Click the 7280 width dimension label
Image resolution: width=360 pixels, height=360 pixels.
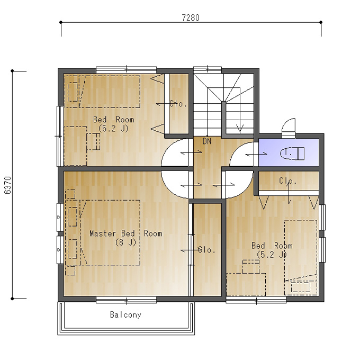pyautogui.click(x=191, y=17)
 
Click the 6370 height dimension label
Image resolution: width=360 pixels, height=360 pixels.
pyautogui.click(x=7, y=185)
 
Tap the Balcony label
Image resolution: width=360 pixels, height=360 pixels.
pyautogui.click(x=125, y=314)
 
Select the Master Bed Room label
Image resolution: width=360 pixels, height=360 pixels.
pyautogui.click(x=126, y=233)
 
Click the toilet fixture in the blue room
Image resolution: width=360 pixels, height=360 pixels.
pyautogui.click(x=292, y=153)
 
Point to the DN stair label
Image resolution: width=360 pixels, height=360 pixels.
pyautogui.click(x=207, y=141)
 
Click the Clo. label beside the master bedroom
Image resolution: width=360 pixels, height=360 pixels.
pyautogui.click(x=206, y=250)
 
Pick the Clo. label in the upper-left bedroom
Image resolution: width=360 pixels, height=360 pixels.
pyautogui.click(x=178, y=104)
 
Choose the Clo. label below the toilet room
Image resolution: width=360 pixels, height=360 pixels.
pyautogui.click(x=287, y=181)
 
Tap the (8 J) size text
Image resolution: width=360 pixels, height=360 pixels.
pyautogui.click(x=126, y=242)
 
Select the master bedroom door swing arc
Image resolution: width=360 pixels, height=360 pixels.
pyautogui.click(x=170, y=189)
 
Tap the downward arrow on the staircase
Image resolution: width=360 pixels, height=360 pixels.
pyautogui.click(x=240, y=129)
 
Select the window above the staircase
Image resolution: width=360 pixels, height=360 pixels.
pyautogui.click(x=208, y=69)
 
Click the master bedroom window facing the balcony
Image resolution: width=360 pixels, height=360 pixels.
pyautogui.click(x=127, y=300)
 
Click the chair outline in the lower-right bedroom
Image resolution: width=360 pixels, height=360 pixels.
pyautogui.click(x=251, y=266)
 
